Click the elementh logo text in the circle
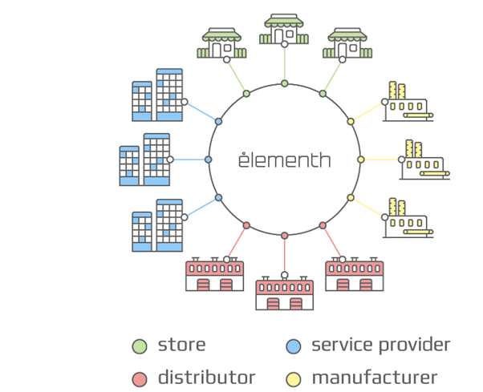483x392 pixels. pyautogui.click(x=284, y=160)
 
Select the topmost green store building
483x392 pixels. pyautogui.click(x=285, y=30)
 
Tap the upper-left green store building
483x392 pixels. pyautogui.click(x=221, y=43)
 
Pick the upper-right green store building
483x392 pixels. pyautogui.click(x=347, y=43)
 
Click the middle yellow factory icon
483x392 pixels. pyautogui.click(x=424, y=160)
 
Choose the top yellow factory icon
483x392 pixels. pyautogui.click(x=408, y=101)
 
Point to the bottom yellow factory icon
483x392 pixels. pyautogui.click(x=408, y=218)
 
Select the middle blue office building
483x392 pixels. pyautogui.click(x=145, y=160)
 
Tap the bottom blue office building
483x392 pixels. pyautogui.click(x=158, y=225)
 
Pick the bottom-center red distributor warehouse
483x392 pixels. pyautogui.click(x=285, y=293)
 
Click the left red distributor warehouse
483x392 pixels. pyautogui.click(x=214, y=275)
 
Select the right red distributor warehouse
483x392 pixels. pyautogui.click(x=355, y=275)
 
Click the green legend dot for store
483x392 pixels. pyautogui.click(x=140, y=346)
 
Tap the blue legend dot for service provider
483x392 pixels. pyautogui.click(x=294, y=346)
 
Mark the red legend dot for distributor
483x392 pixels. pyautogui.click(x=140, y=378)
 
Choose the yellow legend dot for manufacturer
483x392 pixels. pyautogui.click(x=294, y=378)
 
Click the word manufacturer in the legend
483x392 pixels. pyautogui.click(x=375, y=378)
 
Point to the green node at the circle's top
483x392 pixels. pyautogui.click(x=285, y=83)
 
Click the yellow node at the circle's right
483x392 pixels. pyautogui.click(x=360, y=160)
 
